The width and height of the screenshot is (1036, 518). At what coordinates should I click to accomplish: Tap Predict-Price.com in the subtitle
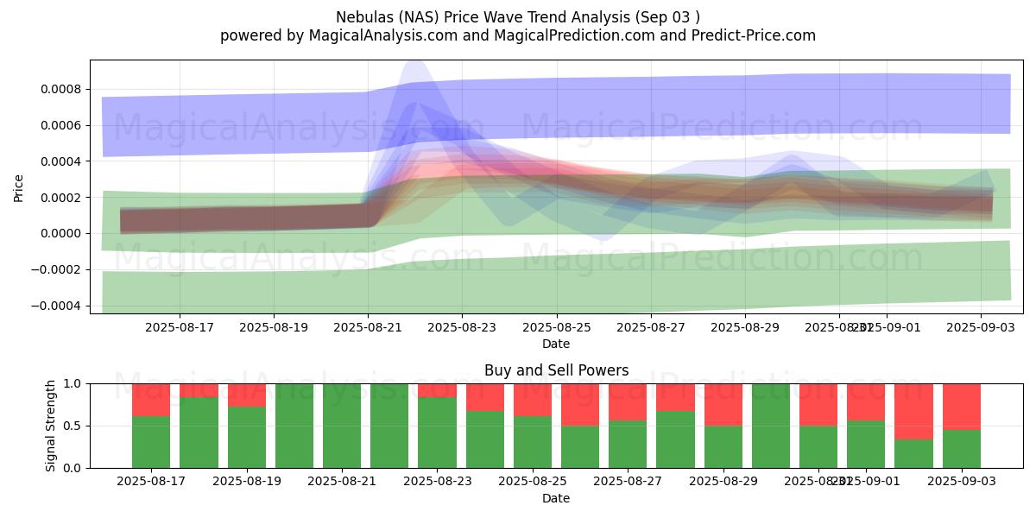click(x=749, y=35)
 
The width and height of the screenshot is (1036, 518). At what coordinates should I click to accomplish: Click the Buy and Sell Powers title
click(x=556, y=370)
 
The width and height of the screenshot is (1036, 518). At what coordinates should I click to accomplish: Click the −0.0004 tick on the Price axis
click(x=56, y=306)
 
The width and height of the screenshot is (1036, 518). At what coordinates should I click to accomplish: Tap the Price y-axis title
click(x=19, y=187)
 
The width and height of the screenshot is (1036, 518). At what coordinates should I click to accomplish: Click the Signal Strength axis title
click(x=51, y=426)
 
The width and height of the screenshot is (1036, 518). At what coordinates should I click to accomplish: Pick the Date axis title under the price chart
click(x=556, y=344)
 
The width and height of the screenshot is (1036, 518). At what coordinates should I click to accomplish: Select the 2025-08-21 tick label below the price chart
click(x=368, y=327)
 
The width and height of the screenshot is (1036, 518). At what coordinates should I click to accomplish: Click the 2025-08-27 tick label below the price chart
click(x=651, y=327)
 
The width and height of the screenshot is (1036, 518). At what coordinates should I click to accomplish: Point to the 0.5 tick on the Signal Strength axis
click(x=73, y=426)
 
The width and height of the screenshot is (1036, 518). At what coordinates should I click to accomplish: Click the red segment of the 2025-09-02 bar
click(x=913, y=411)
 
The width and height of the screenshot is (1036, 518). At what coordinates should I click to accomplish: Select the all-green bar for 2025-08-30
click(x=771, y=426)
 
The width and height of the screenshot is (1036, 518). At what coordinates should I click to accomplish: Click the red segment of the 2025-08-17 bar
click(x=151, y=400)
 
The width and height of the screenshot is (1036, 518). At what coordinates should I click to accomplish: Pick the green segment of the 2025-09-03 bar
click(x=961, y=449)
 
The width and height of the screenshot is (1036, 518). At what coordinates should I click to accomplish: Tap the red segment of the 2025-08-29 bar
click(x=723, y=404)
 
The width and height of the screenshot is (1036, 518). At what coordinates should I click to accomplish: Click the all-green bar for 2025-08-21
click(x=342, y=426)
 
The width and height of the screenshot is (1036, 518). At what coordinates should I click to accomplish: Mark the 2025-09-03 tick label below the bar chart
click(x=961, y=482)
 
